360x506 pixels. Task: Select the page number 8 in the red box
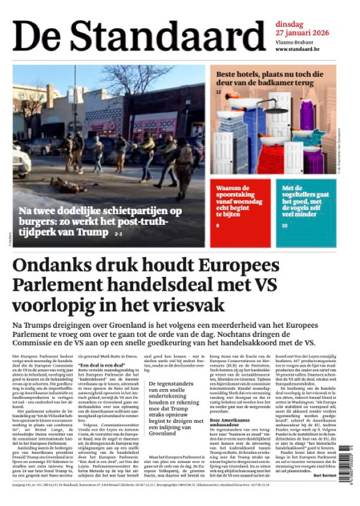(x=218, y=225)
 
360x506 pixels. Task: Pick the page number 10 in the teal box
(x=285, y=226)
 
